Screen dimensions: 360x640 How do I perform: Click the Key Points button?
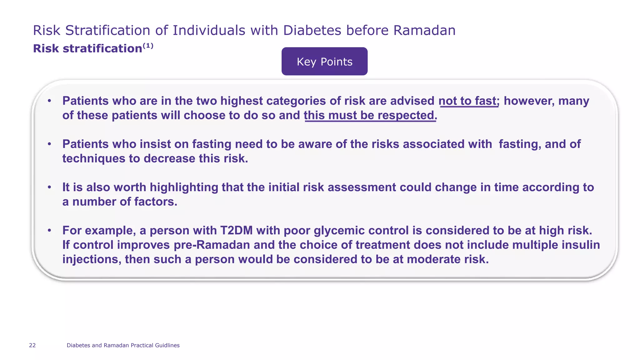(324, 62)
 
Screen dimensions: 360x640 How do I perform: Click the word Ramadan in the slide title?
(424, 31)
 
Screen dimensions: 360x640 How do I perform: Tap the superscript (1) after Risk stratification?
(148, 46)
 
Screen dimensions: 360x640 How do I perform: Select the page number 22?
(32, 345)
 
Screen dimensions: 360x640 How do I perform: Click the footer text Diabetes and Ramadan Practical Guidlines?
(123, 345)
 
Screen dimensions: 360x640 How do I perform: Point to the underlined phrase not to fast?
(467, 101)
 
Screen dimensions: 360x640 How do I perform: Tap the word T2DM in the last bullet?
(236, 230)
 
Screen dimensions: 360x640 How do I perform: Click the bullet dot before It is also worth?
(49, 187)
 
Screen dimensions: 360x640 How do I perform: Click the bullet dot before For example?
(49, 230)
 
